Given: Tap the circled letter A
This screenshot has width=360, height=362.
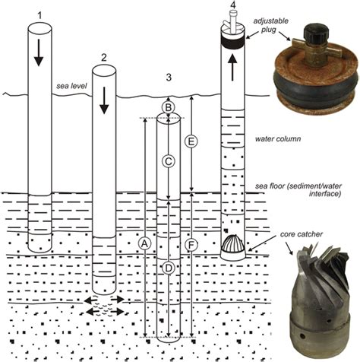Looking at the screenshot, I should pyautogui.click(x=145, y=243).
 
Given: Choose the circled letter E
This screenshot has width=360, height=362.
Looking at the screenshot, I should pyautogui.click(x=191, y=141).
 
